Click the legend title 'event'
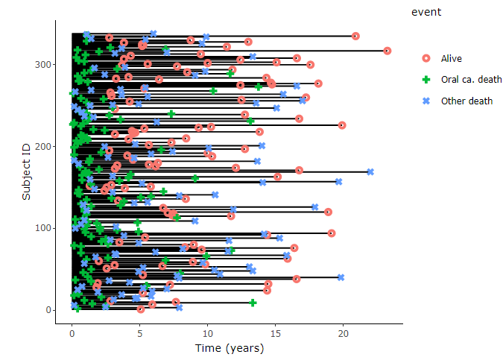pos(426,12)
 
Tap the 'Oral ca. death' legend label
pos(471,80)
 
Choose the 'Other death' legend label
pos(466,101)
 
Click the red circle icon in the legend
pos(426,58)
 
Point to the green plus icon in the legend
pos(426,80)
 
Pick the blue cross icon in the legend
pos(426,101)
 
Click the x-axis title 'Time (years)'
pos(229,348)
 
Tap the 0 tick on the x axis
pos(72,335)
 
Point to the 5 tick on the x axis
pos(139,335)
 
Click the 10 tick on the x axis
pos(207,335)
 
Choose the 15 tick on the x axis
pos(276,335)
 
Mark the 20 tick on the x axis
pos(344,335)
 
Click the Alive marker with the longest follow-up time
pos(387,51)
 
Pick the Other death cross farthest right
pos(370,171)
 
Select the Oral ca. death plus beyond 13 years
pos(253,303)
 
